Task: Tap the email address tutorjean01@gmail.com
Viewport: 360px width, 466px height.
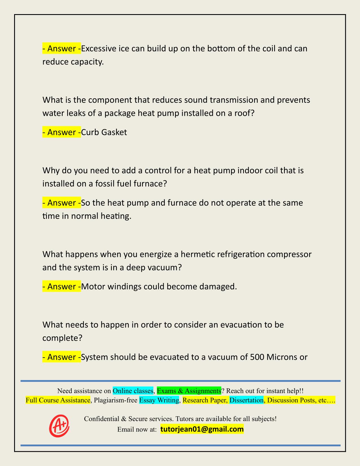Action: (202, 429)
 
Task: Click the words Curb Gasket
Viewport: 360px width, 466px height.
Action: (104, 132)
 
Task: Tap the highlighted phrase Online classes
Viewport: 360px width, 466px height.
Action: (133, 391)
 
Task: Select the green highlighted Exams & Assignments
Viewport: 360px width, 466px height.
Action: (189, 391)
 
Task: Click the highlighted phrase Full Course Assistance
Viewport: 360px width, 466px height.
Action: (58, 400)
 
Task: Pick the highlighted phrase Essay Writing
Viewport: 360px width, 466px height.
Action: (159, 400)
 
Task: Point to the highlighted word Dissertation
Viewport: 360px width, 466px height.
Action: (246, 400)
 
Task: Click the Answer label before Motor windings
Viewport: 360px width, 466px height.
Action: (62, 286)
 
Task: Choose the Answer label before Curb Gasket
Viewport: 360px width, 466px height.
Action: (62, 132)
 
